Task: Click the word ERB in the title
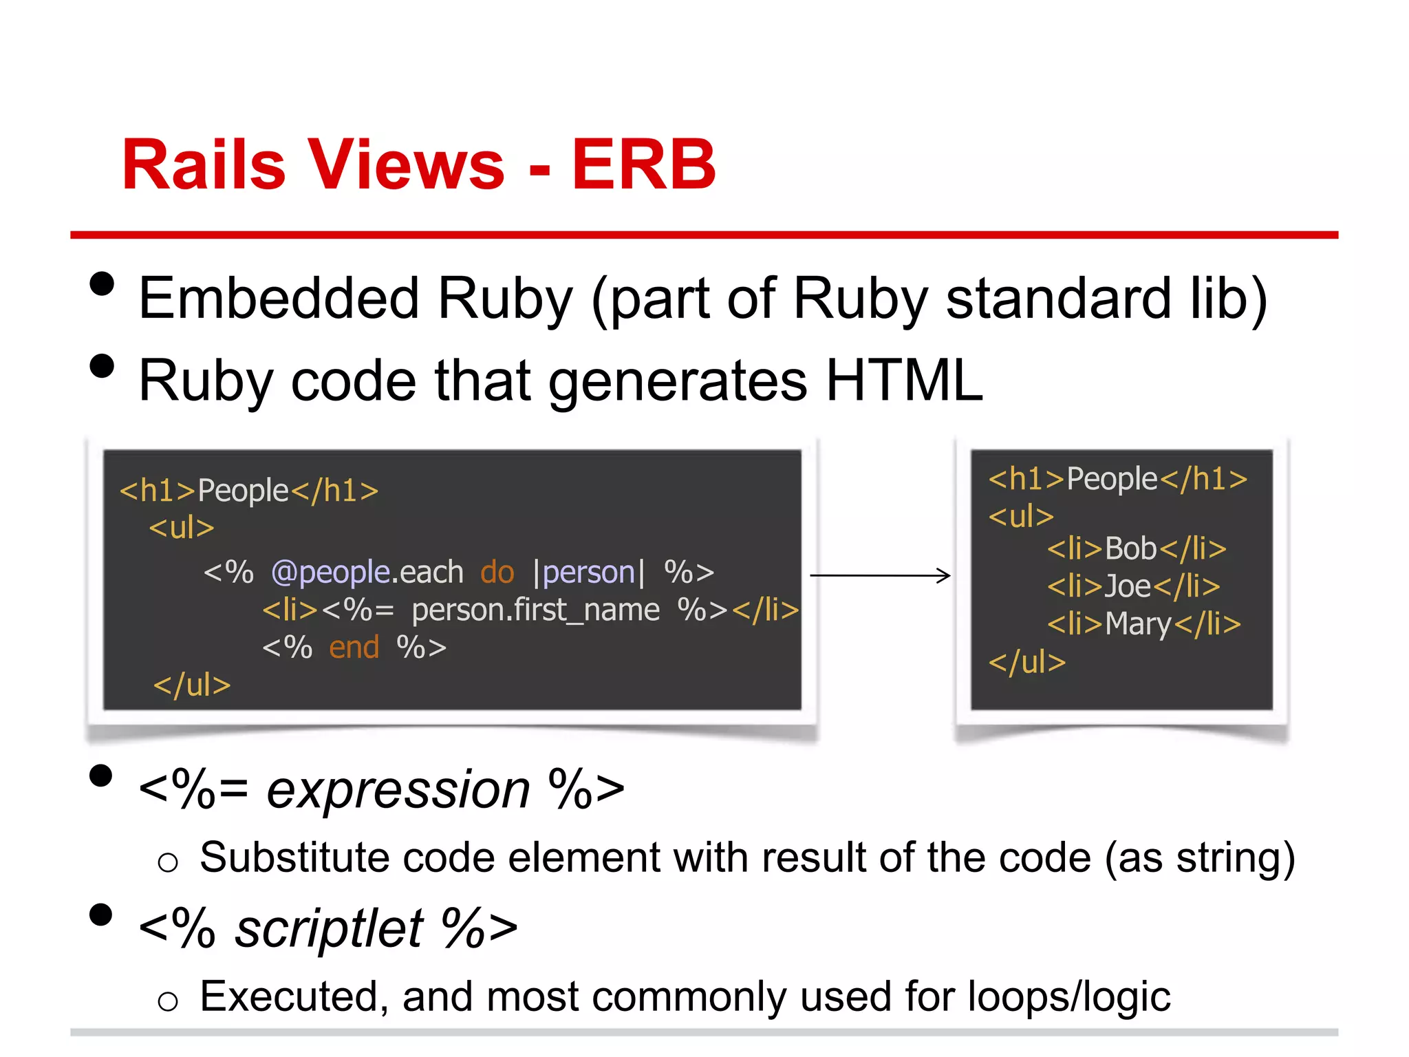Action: pos(643,165)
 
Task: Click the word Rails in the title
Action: pos(204,165)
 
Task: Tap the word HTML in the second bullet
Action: pos(904,381)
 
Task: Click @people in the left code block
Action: pos(331,573)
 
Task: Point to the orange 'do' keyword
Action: pos(497,573)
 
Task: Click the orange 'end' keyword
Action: pos(354,648)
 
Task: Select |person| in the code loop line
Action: pos(589,573)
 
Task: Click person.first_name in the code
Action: pos(535,610)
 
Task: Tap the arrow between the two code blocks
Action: pos(880,575)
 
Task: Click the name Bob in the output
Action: pos(1130,549)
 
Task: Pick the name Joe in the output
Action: pos(1128,586)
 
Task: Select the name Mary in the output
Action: pos(1139,624)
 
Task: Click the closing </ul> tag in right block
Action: pos(1026,662)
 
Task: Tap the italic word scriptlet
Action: pos(329,928)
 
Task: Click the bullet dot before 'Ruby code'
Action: pos(102,366)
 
